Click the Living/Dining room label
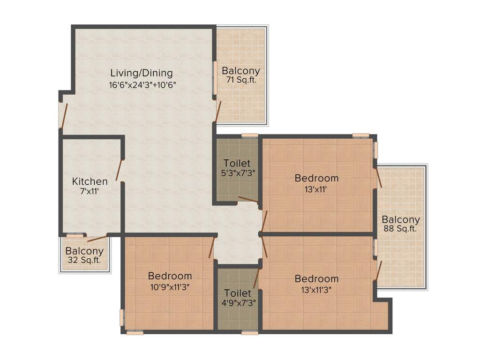point(142,73)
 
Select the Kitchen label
point(90,181)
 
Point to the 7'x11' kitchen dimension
point(90,191)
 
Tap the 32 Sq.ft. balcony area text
point(84,260)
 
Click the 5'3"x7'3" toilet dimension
point(237,173)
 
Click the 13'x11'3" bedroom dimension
point(316,289)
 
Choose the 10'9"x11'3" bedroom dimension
point(170,286)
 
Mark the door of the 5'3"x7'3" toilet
point(248,200)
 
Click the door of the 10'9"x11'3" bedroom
point(212,247)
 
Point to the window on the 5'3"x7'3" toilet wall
point(250,135)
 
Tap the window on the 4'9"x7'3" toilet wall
point(250,333)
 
